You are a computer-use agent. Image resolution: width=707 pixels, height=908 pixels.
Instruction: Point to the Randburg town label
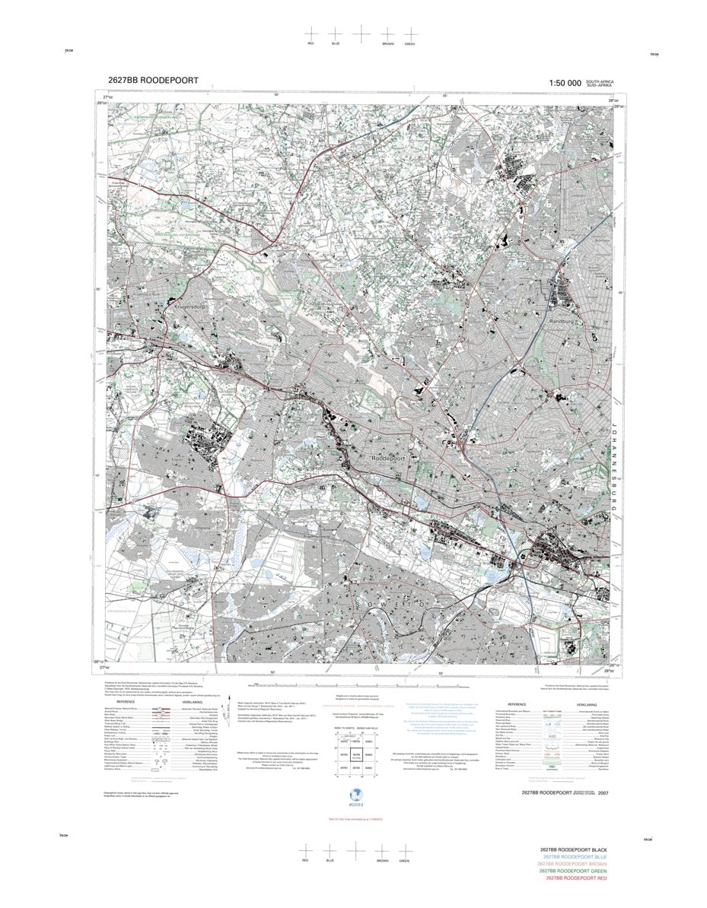[x=564, y=322]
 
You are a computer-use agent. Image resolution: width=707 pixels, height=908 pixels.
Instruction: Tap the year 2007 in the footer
[x=604, y=793]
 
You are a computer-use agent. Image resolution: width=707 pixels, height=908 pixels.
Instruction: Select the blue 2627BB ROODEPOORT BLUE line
[x=574, y=857]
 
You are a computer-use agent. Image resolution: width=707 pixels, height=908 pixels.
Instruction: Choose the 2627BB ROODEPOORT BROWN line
[x=572, y=864]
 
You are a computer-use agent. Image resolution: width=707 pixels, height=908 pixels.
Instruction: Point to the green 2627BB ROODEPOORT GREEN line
[x=572, y=871]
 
